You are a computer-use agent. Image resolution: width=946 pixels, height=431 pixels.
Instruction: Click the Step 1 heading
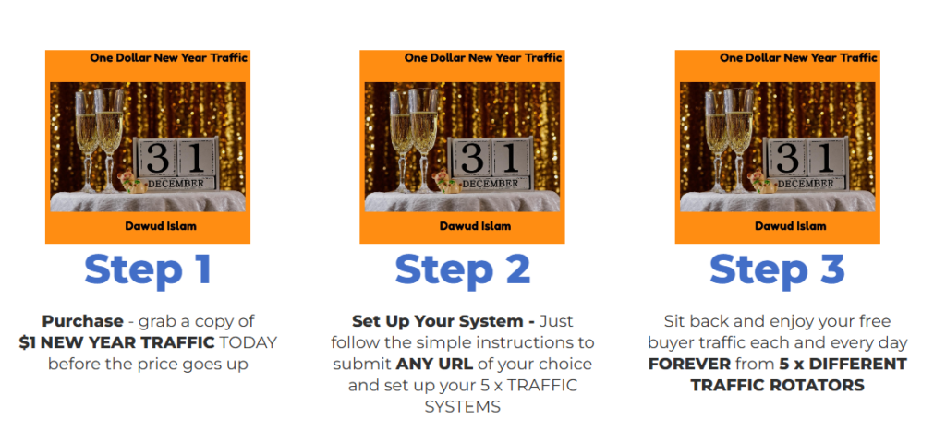tap(148, 269)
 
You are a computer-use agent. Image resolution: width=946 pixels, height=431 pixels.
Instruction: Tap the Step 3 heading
tap(777, 269)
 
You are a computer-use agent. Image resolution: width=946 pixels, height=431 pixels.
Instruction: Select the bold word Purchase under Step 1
tap(82, 321)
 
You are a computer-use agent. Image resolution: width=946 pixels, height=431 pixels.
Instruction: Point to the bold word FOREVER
tap(688, 364)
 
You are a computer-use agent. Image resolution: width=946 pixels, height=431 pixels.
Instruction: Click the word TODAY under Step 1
tap(248, 342)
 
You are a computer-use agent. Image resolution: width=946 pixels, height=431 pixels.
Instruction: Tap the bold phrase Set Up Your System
tap(437, 321)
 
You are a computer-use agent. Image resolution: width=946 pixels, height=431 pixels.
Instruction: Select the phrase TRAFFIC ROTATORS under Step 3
tap(777, 385)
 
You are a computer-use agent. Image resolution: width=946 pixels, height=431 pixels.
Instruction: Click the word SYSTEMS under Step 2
tap(462, 406)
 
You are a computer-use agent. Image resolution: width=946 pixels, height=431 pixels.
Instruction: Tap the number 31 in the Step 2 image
tap(489, 159)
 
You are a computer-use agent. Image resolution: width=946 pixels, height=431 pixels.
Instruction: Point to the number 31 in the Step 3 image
tap(804, 159)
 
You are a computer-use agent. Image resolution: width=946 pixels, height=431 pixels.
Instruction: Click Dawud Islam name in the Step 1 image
tap(163, 226)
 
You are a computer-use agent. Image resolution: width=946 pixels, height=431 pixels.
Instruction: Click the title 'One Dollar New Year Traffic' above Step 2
tap(483, 58)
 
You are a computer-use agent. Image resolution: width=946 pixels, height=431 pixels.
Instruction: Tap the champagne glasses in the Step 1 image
tap(99, 138)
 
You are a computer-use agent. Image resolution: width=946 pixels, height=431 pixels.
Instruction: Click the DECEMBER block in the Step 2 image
tap(490, 184)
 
